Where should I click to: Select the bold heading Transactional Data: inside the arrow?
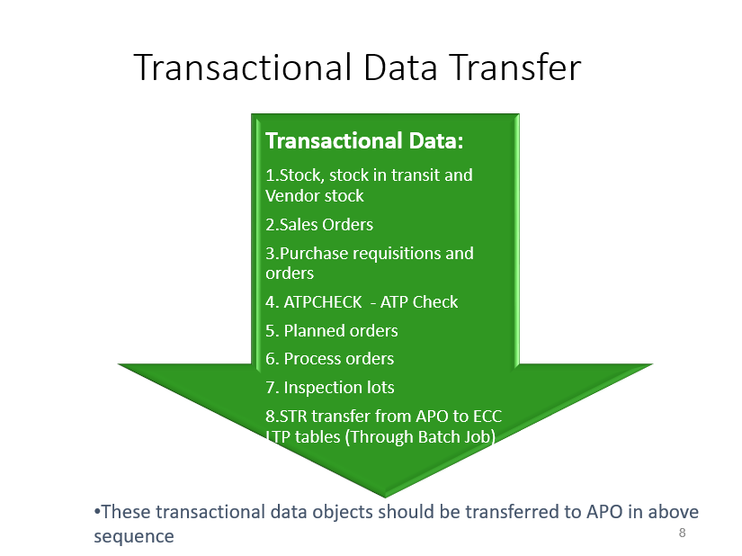[x=364, y=141]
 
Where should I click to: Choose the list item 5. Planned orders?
[x=332, y=330]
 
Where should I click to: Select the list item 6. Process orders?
[x=330, y=358]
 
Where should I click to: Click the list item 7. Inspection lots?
[x=330, y=387]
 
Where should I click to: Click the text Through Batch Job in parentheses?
[x=425, y=436]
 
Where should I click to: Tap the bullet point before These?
[x=97, y=512]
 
